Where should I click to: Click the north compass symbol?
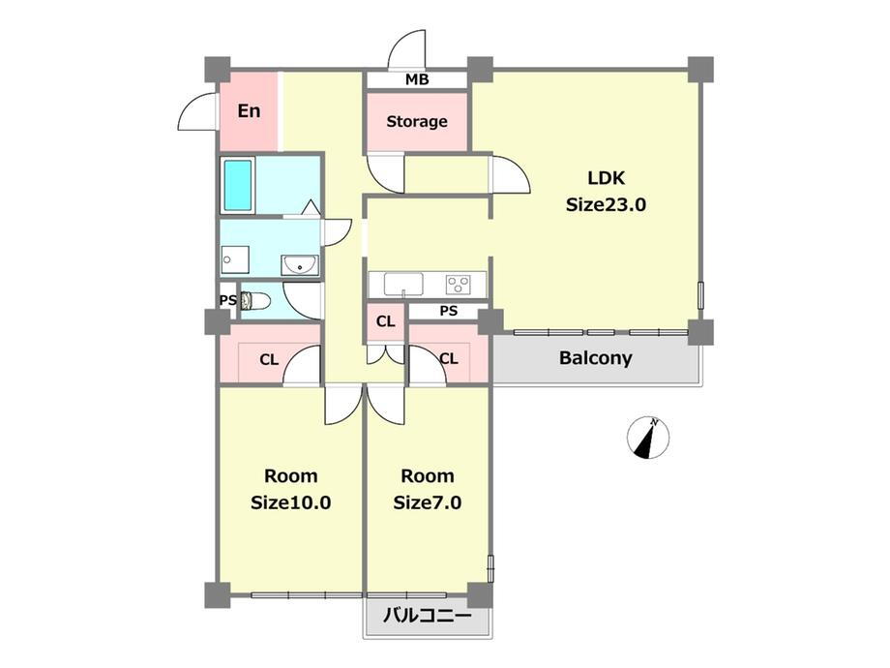click(x=648, y=438)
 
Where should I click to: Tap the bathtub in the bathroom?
click(x=238, y=185)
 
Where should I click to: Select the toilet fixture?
click(x=253, y=300)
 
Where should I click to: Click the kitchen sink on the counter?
click(x=403, y=284)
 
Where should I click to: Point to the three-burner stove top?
click(x=458, y=284)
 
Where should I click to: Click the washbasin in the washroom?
click(x=299, y=264)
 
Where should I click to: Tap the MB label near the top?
click(x=417, y=80)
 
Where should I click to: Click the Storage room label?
click(x=417, y=122)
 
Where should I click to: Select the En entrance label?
click(x=249, y=110)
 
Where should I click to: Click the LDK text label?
click(x=606, y=178)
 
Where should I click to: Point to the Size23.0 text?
click(x=606, y=204)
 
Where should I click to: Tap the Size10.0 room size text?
click(x=290, y=502)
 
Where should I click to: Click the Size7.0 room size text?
click(x=428, y=502)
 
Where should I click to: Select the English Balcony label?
click(x=595, y=358)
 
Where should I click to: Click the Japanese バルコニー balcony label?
click(x=427, y=616)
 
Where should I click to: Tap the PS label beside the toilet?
click(x=227, y=300)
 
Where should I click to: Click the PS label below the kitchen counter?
click(x=449, y=312)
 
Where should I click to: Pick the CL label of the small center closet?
click(x=385, y=321)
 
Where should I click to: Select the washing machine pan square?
click(x=235, y=260)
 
